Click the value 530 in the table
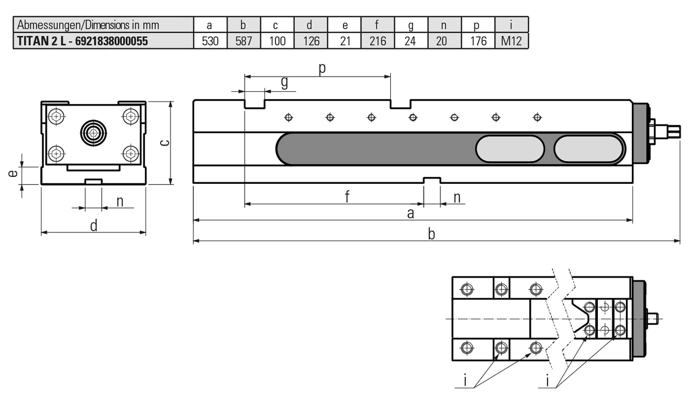point(210,41)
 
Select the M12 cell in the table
point(511,41)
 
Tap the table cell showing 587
point(244,41)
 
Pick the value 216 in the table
point(377,41)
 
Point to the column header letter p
point(478,25)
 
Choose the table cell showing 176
point(478,41)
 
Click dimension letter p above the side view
point(322,69)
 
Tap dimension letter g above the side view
point(284,82)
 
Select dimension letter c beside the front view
point(165,142)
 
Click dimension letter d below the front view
point(93,225)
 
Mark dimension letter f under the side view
point(348,197)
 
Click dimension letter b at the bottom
point(431,234)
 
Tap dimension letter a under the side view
point(411,214)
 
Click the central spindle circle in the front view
point(94,132)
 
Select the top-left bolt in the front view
point(56,115)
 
